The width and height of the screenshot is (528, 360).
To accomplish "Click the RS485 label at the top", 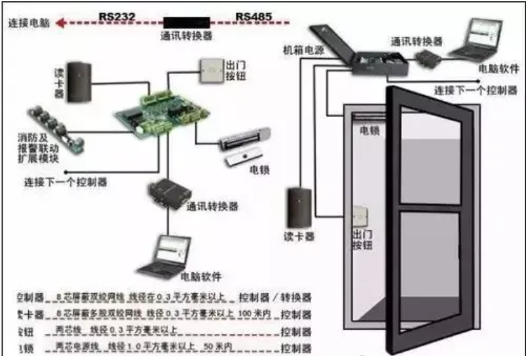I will coord(253,13).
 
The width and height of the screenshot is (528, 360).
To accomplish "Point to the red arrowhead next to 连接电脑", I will coord(60,24).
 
